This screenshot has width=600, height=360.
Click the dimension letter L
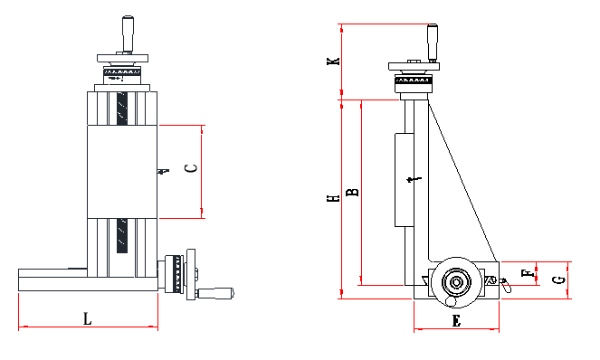(x=87, y=318)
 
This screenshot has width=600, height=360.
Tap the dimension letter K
(x=334, y=61)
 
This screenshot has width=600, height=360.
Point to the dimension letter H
(x=334, y=197)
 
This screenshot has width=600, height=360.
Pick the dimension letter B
(x=354, y=191)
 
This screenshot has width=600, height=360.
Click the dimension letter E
(x=456, y=320)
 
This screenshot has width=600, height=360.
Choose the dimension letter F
(x=527, y=271)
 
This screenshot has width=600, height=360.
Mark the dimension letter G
(x=560, y=279)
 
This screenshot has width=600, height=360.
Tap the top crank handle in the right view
(x=432, y=40)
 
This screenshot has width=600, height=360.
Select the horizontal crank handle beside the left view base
(x=216, y=292)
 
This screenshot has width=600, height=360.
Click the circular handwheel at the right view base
(x=454, y=283)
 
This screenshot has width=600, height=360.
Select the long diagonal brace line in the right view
(x=462, y=181)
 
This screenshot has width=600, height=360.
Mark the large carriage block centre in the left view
(x=124, y=171)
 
